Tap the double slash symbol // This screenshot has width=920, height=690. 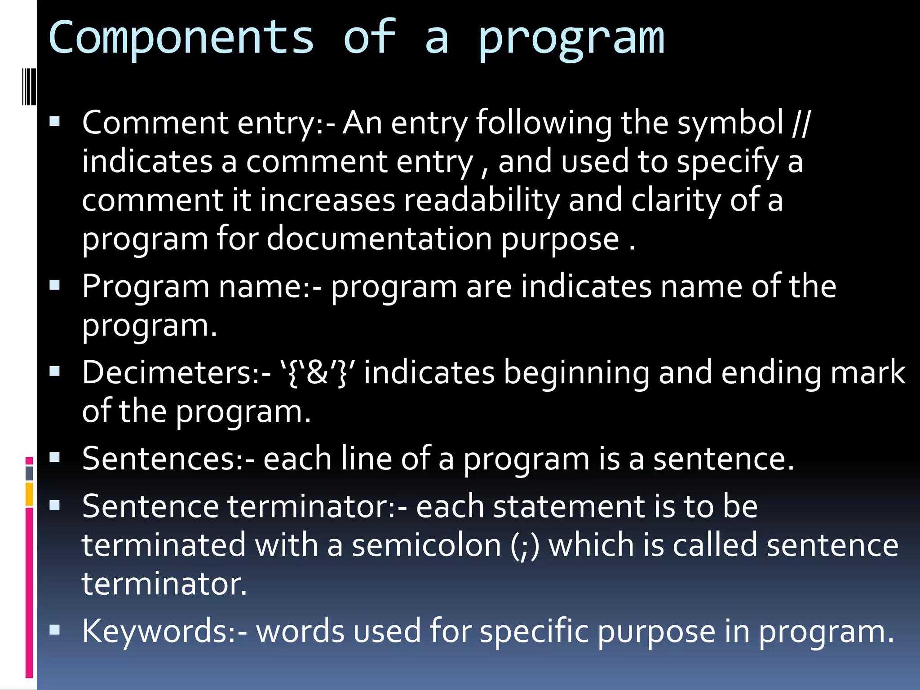[801, 123]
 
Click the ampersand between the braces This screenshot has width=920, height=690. [317, 373]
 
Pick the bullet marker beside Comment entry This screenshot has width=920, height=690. [55, 121]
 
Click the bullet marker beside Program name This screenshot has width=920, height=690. [55, 285]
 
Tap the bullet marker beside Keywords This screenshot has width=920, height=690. [55, 630]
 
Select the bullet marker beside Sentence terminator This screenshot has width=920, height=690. [55, 505]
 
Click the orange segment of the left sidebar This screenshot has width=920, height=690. [29, 494]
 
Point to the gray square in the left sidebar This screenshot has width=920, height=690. [29, 473]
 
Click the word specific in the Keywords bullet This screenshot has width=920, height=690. [534, 631]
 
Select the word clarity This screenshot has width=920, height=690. [676, 200]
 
